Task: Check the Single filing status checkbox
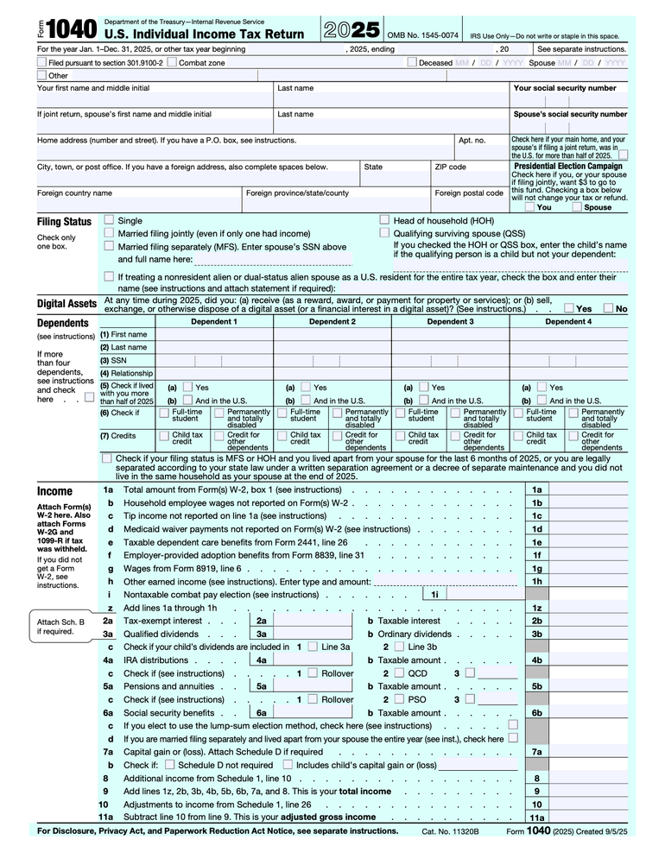[109, 220]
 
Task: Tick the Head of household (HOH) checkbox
[385, 220]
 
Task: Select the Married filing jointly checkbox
[109, 233]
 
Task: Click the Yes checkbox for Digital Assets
[568, 308]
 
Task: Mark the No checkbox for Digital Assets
[608, 308]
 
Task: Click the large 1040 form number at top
[73, 30]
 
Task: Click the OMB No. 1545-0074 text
[423, 35]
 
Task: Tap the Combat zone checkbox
[172, 63]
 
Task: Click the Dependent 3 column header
[450, 321]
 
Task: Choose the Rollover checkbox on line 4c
[313, 673]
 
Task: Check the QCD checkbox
[399, 673]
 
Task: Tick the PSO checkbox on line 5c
[399, 699]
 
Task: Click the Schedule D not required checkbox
[170, 765]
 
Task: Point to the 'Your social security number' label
[565, 88]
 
